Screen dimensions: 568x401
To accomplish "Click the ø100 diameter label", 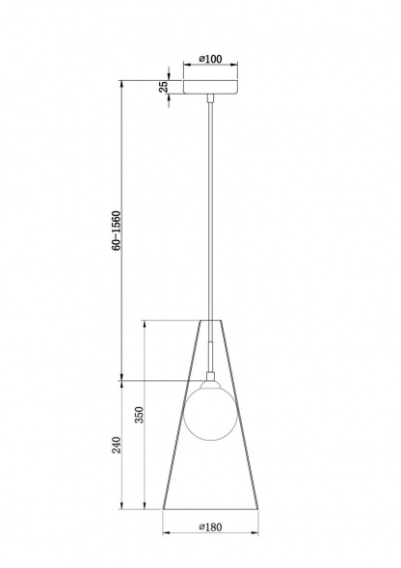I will point(210,60).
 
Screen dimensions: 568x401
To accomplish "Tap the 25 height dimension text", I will point(164,87).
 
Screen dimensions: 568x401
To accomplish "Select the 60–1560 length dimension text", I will point(117,231).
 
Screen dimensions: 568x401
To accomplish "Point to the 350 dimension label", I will point(139,415).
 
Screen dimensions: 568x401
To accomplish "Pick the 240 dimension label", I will point(117,445).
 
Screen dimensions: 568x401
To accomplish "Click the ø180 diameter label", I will point(211,527).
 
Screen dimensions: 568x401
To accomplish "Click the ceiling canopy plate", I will point(210,87).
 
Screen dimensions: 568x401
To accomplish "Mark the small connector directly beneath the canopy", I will point(210,98).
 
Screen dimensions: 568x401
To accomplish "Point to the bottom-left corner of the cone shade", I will point(162,509).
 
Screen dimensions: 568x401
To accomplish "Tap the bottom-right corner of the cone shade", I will point(259,509).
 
